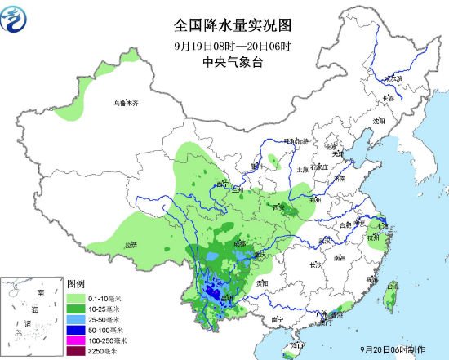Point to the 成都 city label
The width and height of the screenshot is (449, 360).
[x=238, y=243]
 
